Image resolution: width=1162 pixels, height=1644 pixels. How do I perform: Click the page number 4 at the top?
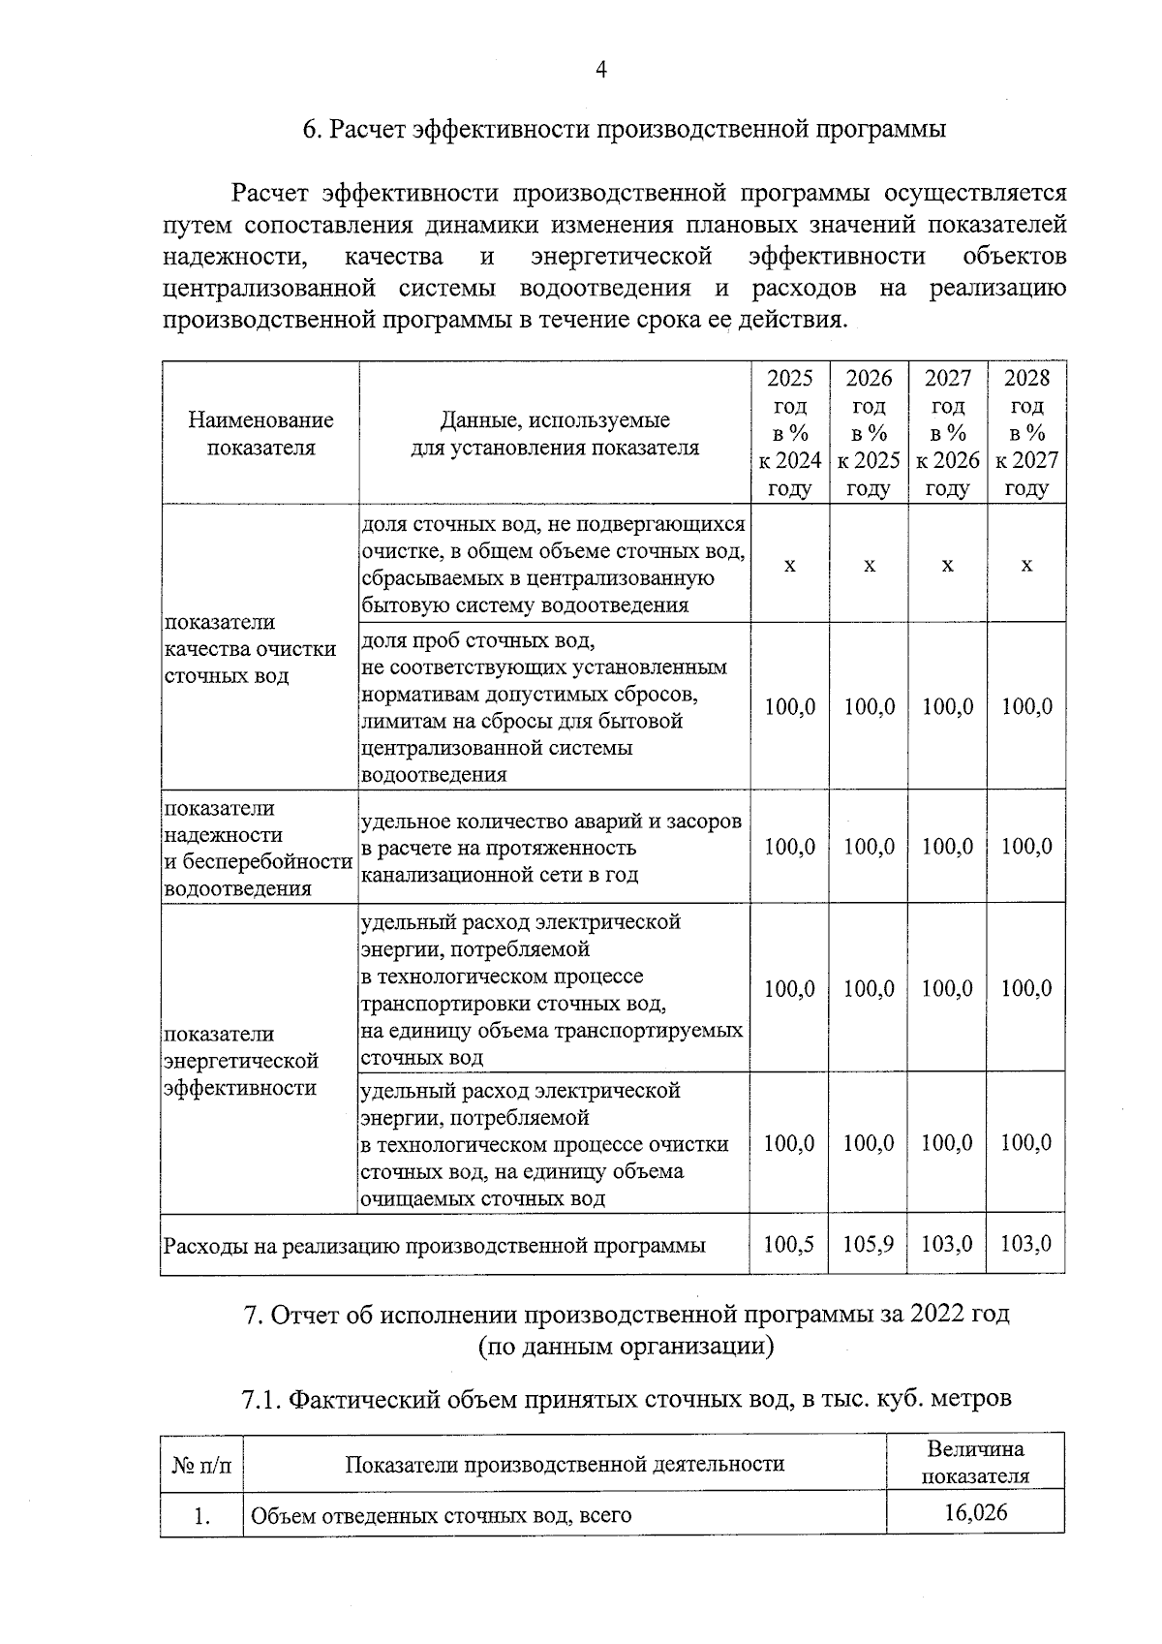[600, 70]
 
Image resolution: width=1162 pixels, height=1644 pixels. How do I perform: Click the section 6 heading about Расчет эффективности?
[625, 129]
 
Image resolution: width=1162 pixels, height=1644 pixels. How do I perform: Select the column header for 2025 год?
[789, 432]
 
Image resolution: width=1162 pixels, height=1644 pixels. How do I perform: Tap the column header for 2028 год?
[1026, 432]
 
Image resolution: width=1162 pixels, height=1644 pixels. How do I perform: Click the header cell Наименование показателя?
[260, 433]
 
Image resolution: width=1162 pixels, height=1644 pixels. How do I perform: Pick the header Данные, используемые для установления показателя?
[555, 433]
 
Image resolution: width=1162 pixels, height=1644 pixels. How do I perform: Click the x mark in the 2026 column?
[869, 565]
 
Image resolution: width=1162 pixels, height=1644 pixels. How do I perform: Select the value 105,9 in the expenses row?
[869, 1243]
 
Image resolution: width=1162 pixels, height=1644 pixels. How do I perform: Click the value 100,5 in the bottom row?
[789, 1243]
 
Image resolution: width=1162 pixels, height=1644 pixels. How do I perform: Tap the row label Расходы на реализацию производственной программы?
[435, 1245]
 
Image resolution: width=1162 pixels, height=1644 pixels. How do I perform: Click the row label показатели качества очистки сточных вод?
[250, 649]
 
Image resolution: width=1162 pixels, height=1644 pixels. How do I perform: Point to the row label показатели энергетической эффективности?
[241, 1061]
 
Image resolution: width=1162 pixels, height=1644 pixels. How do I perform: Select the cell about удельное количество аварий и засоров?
[552, 848]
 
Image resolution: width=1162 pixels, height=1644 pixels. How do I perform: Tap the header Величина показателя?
[975, 1463]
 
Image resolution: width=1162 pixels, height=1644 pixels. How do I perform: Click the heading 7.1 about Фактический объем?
[626, 1398]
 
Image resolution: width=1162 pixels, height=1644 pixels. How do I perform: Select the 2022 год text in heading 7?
[964, 1314]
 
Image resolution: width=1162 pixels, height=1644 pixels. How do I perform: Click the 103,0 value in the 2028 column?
[1026, 1243]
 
